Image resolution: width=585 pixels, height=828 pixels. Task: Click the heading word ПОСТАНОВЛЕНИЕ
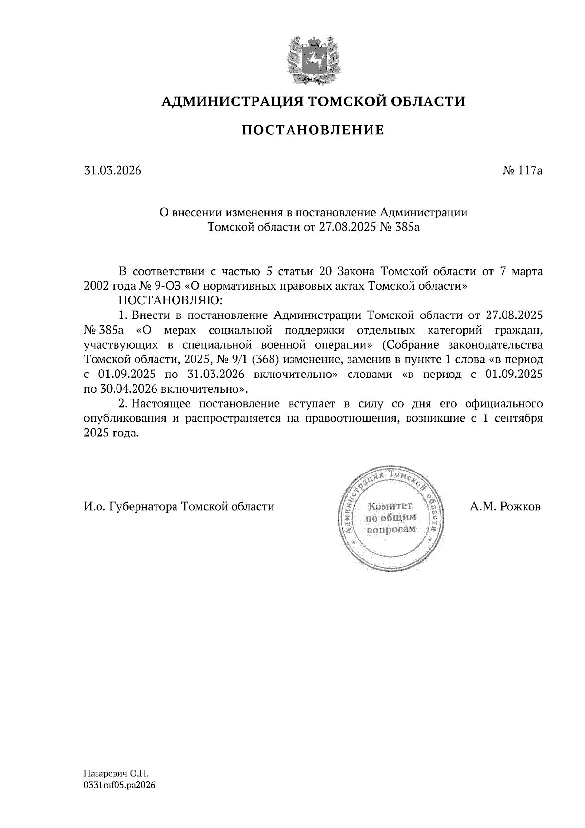pyautogui.click(x=313, y=130)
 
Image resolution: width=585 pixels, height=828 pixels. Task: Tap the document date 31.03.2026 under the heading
pyautogui.click(x=112, y=171)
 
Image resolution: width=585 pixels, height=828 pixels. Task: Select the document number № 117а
pyautogui.click(x=522, y=171)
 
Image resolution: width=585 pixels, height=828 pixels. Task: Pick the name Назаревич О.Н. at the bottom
pyautogui.click(x=116, y=774)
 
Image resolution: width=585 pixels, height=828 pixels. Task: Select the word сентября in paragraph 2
pyautogui.click(x=518, y=419)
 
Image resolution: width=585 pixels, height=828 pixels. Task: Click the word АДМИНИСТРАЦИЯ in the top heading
pyautogui.click(x=227, y=101)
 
